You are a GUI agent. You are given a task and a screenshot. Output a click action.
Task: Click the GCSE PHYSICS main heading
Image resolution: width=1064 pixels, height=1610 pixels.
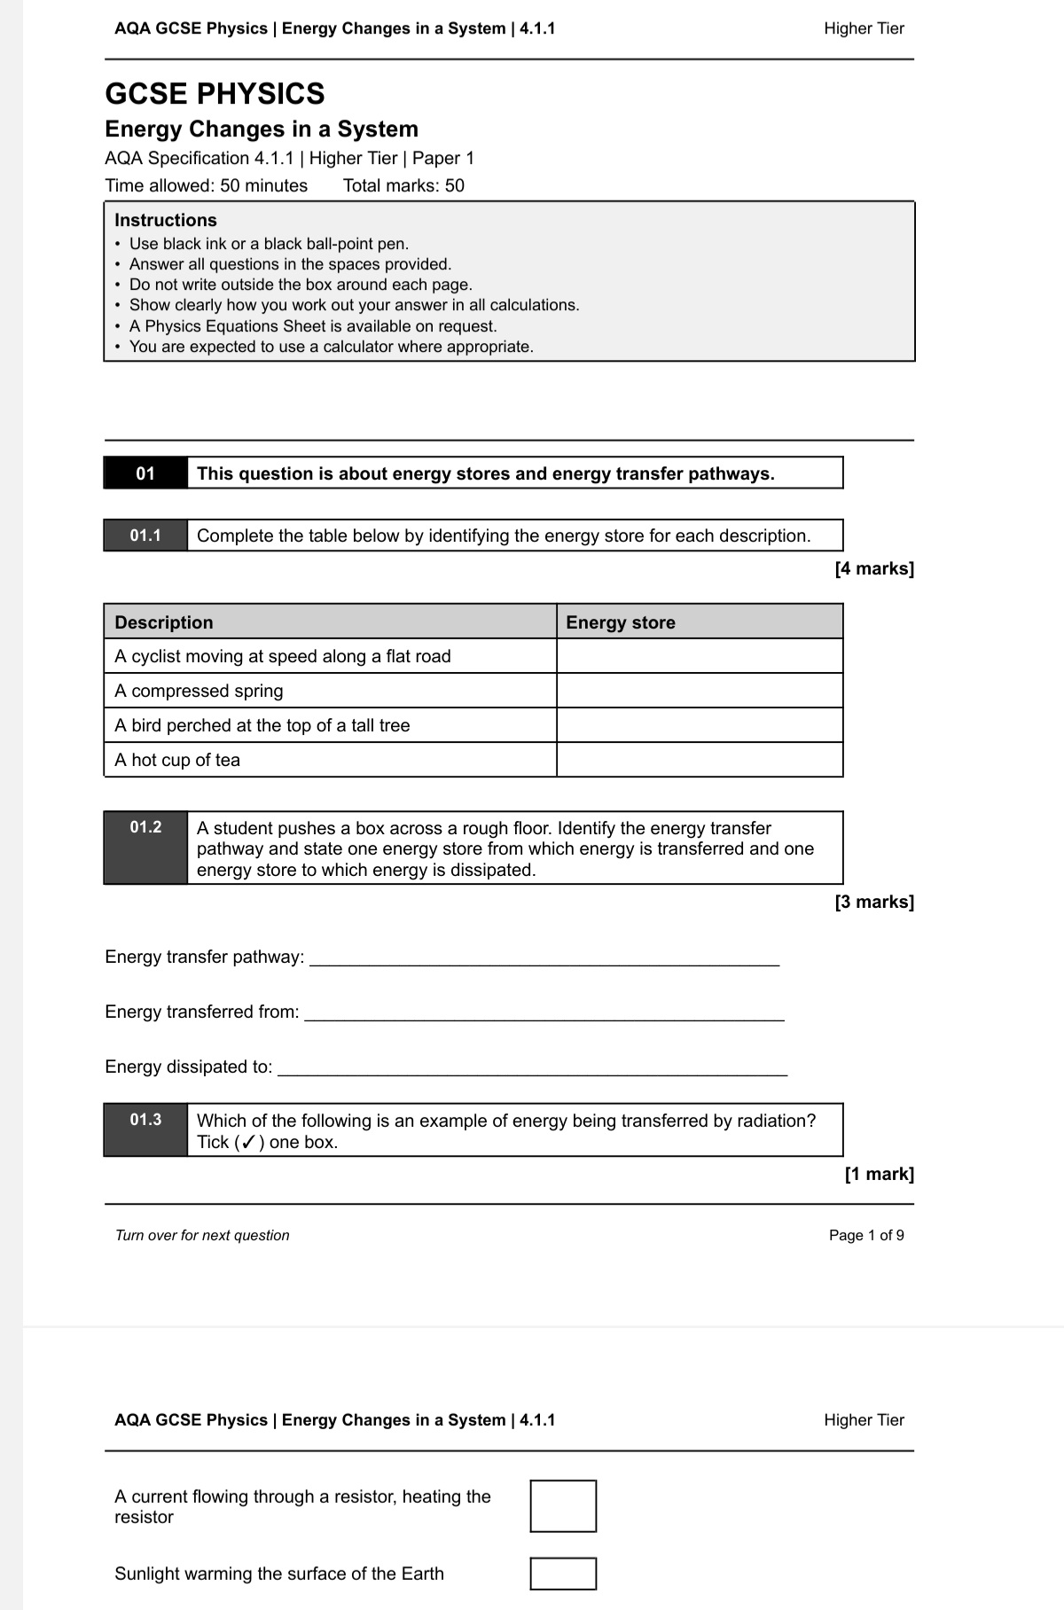[215, 94]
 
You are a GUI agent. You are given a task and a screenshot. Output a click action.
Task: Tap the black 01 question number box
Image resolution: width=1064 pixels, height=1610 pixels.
[145, 473]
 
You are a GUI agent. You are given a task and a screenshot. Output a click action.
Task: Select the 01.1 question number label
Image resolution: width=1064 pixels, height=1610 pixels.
[145, 535]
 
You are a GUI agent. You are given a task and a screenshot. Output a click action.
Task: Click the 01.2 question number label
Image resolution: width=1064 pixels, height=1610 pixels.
[145, 828]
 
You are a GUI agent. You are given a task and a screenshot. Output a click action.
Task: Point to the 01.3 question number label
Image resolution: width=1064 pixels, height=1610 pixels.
[145, 1120]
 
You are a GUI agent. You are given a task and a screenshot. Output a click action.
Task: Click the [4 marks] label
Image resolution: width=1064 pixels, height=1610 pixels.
[873, 568]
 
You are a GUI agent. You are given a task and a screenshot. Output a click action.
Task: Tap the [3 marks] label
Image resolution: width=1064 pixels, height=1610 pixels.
[873, 902]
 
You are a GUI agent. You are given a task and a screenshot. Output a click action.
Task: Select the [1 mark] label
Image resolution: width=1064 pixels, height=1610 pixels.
[879, 1174]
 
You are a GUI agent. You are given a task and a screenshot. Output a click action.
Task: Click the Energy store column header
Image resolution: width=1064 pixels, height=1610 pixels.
[621, 622]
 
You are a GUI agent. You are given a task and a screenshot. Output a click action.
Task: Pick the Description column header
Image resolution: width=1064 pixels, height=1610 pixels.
[164, 622]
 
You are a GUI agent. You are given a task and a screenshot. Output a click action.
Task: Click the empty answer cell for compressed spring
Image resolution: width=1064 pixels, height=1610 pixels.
[700, 691]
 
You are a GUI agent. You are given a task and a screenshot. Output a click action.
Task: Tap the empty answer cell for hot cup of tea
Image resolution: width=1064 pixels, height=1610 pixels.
[700, 760]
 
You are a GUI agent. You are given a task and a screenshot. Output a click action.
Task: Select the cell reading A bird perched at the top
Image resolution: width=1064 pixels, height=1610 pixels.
[262, 725]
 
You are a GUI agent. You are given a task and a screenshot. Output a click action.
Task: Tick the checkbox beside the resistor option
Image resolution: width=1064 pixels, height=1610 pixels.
[563, 1505]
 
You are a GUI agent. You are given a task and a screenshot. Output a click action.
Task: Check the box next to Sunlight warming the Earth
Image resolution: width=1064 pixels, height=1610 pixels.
[563, 1573]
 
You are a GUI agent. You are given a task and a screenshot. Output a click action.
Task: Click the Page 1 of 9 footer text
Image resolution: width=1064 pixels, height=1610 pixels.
[866, 1235]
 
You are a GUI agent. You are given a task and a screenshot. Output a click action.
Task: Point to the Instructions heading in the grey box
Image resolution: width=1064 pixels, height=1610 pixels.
[166, 220]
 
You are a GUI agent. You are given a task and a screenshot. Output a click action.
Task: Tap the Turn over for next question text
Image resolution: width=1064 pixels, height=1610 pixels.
[202, 1235]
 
